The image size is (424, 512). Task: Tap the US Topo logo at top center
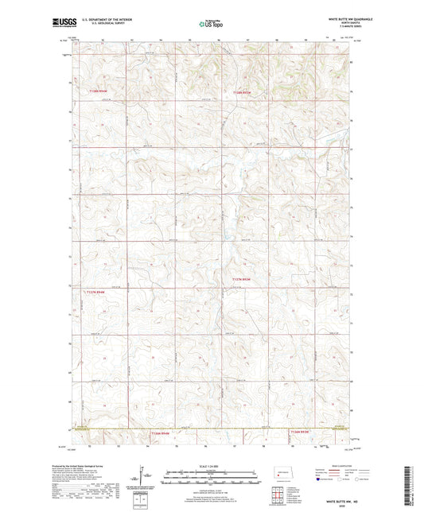coord(210,24)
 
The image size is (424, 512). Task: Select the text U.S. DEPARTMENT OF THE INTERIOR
coord(100,19)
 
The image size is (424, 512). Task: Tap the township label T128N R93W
coord(242,91)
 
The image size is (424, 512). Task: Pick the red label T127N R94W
coord(93,290)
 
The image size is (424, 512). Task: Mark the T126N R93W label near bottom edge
coord(299,432)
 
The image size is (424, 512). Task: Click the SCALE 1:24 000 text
coord(212,466)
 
